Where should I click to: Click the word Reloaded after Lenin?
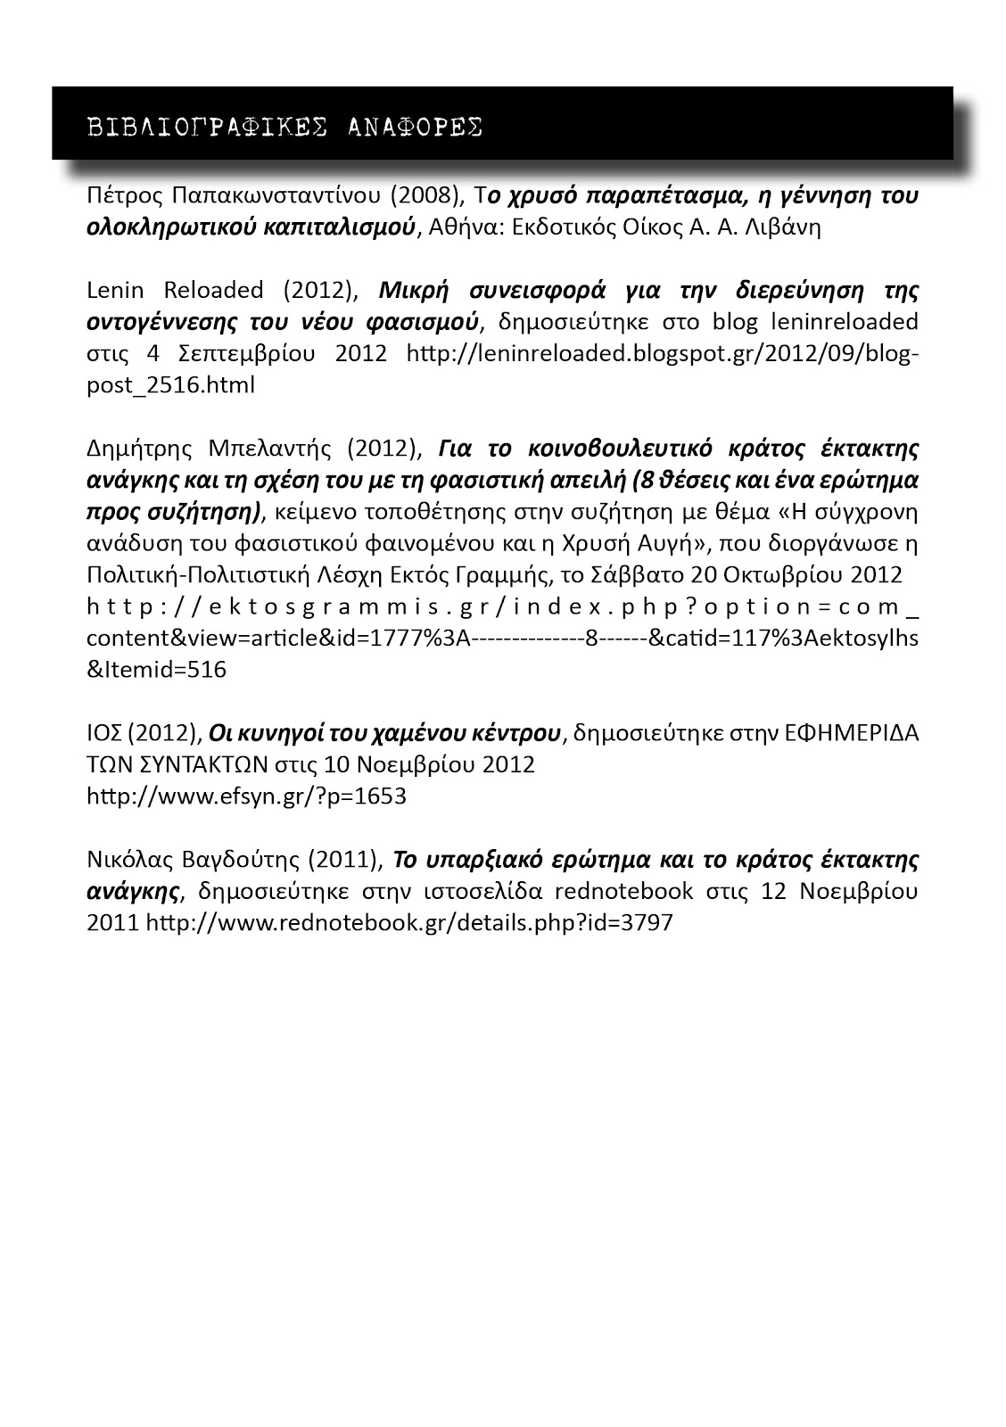click(x=213, y=291)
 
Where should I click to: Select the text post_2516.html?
click(x=170, y=384)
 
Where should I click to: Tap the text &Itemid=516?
click(x=157, y=670)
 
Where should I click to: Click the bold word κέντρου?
click(x=513, y=733)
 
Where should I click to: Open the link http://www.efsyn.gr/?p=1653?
click(x=246, y=796)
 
